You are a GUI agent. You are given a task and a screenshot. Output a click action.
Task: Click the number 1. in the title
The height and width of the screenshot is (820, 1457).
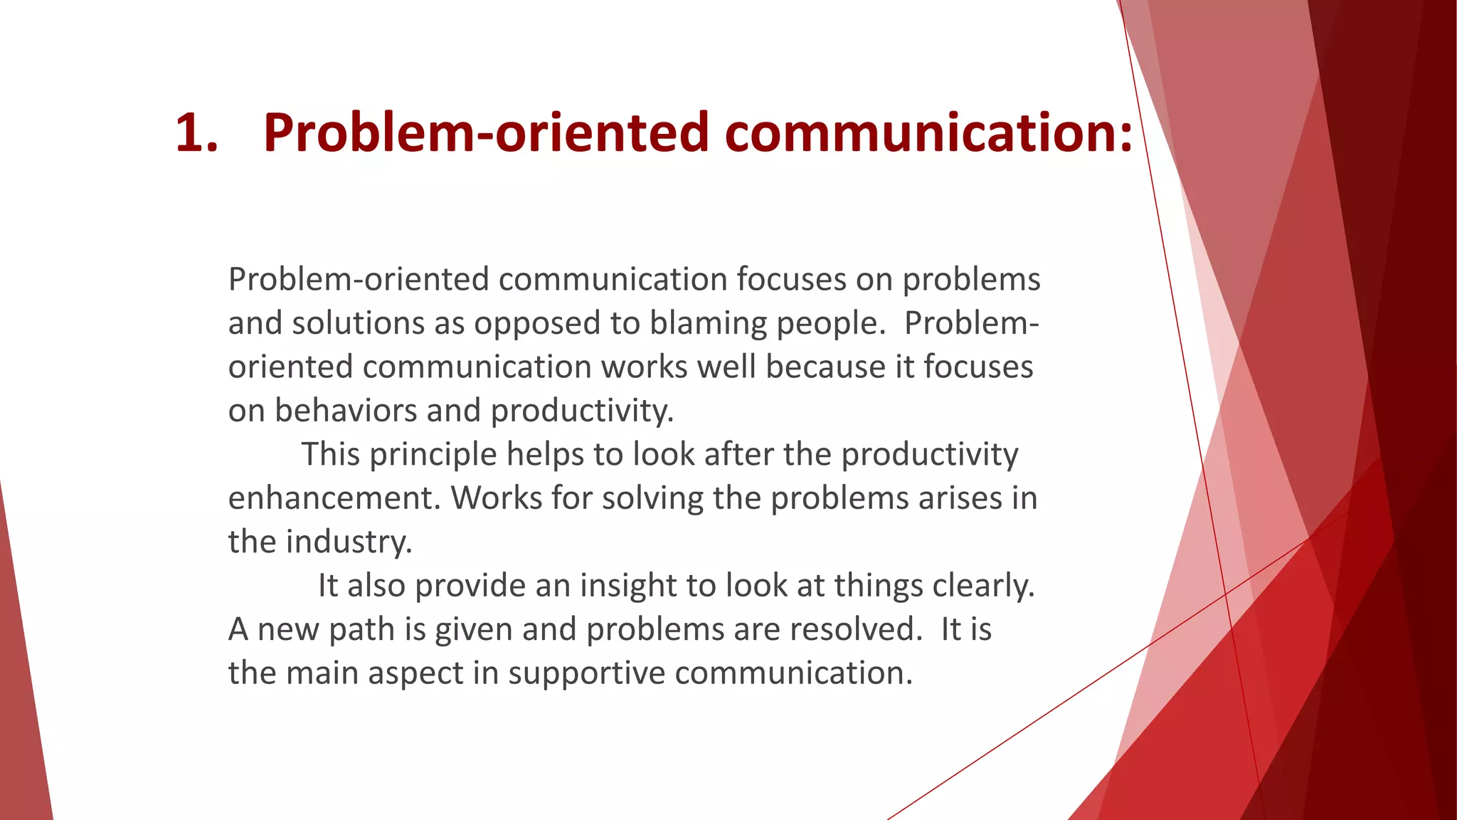click(x=196, y=132)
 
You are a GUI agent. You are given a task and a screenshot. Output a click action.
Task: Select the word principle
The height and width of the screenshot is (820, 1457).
click(x=433, y=455)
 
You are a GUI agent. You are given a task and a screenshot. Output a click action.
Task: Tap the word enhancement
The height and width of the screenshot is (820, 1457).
click(x=334, y=498)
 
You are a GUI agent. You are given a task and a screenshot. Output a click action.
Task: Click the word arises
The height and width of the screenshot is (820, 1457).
click(x=960, y=498)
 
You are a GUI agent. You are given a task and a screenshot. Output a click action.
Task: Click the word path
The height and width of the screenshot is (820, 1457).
click(x=359, y=629)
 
